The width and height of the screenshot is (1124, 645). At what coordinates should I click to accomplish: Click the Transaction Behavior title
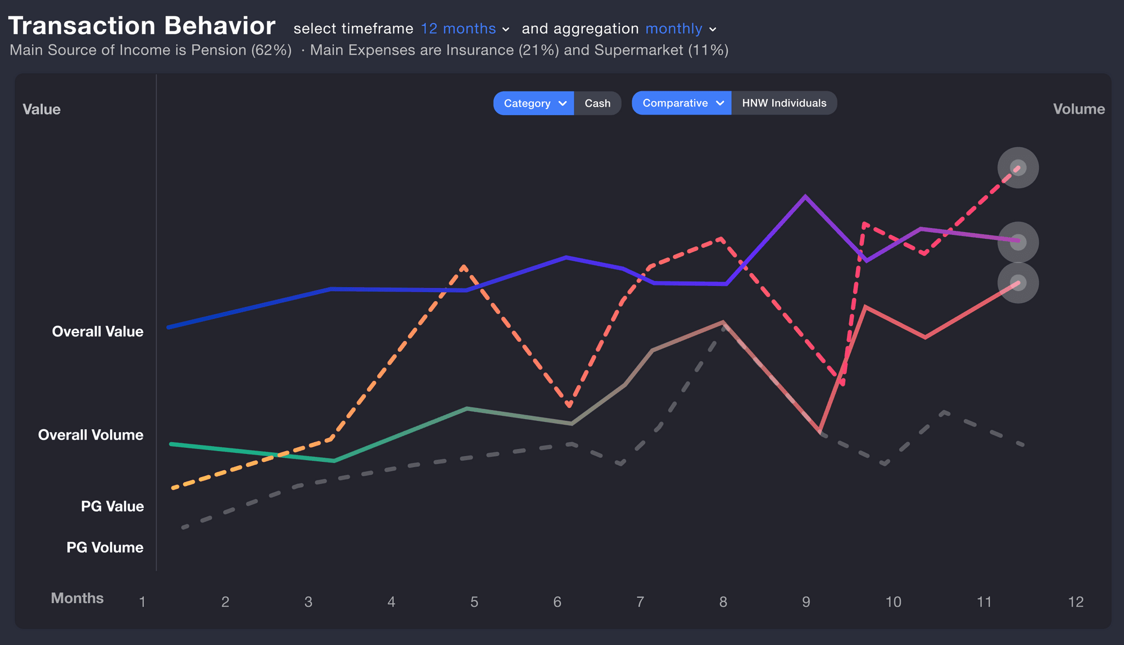pyautogui.click(x=142, y=26)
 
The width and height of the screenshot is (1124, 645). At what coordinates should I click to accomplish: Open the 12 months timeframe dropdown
pyautogui.click(x=465, y=29)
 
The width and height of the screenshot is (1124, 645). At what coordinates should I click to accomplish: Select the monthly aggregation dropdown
pyautogui.click(x=681, y=29)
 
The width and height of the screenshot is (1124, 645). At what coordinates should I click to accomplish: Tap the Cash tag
pyautogui.click(x=597, y=103)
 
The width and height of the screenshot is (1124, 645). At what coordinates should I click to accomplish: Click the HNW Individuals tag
pyautogui.click(x=784, y=103)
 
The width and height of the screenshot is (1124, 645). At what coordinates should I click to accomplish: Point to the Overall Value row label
pyautogui.click(x=98, y=331)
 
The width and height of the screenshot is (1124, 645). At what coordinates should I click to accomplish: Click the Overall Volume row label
pyautogui.click(x=90, y=435)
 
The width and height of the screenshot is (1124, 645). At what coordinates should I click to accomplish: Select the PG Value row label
pyautogui.click(x=112, y=506)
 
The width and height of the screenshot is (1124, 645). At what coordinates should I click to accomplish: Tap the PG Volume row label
pyautogui.click(x=105, y=547)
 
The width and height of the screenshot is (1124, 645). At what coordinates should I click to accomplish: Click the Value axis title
pyautogui.click(x=42, y=109)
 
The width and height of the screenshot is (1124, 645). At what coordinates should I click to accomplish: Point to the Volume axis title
pyautogui.click(x=1078, y=109)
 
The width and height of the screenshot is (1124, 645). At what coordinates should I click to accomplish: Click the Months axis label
pyautogui.click(x=77, y=598)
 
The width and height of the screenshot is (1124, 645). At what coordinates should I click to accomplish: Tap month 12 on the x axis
pyautogui.click(x=1075, y=602)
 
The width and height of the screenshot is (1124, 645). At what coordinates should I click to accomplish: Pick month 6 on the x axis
pyautogui.click(x=557, y=602)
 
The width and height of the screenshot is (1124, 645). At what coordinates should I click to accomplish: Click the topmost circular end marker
pyautogui.click(x=1018, y=167)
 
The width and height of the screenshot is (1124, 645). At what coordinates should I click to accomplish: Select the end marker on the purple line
pyautogui.click(x=1018, y=242)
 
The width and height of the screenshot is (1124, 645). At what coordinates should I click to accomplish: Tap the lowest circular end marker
pyautogui.click(x=1018, y=283)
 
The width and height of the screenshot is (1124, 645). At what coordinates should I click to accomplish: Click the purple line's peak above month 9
pyautogui.click(x=805, y=197)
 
